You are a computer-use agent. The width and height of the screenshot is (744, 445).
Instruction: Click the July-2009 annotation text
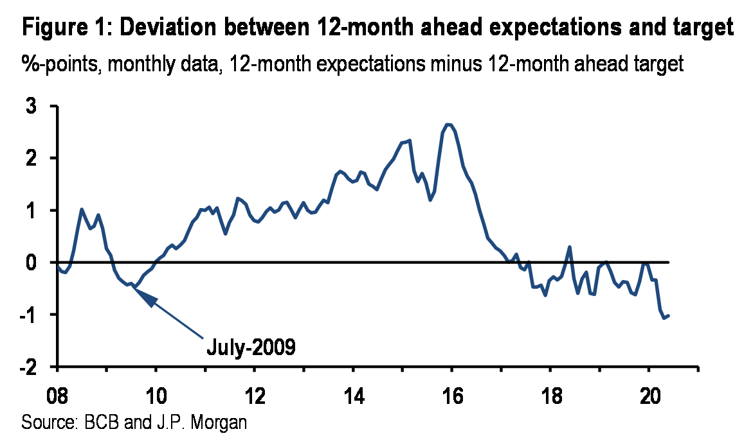click(x=251, y=347)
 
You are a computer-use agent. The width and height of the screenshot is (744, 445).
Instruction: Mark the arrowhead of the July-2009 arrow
click(x=140, y=293)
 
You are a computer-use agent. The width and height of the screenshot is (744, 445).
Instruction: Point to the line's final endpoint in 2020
click(x=669, y=315)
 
